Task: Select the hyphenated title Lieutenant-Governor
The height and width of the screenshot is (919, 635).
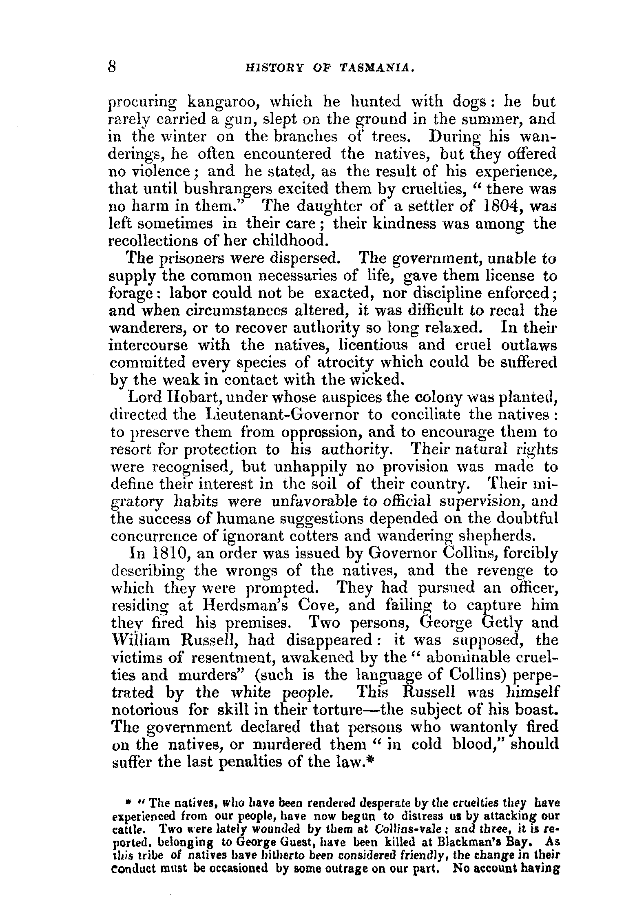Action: click(284, 415)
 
